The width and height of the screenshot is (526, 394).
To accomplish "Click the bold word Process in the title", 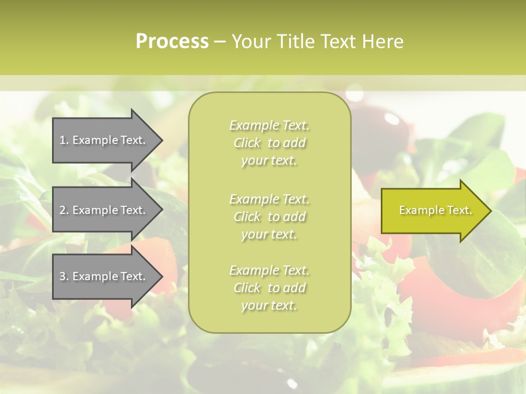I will tap(172, 42).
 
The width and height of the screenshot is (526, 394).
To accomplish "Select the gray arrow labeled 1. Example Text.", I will tap(104, 141).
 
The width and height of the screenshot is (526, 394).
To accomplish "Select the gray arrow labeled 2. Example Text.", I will tap(104, 210).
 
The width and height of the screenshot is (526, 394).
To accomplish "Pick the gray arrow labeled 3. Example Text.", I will tap(104, 276).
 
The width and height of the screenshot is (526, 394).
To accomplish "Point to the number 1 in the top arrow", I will tap(62, 141).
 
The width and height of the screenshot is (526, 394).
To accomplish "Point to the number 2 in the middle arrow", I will tap(62, 210).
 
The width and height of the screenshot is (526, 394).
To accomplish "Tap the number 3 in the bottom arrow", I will tap(62, 276).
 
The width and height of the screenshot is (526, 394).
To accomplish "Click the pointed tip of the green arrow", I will tap(489, 211).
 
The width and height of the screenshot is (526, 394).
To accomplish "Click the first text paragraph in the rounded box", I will tap(269, 143).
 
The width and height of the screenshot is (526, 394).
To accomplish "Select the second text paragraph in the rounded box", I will tap(269, 217).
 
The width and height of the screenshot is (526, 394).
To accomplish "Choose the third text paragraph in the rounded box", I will tap(269, 288).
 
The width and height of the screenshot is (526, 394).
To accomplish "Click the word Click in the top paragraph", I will tap(247, 143).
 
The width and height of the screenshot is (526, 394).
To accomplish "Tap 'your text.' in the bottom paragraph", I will tap(269, 306).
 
